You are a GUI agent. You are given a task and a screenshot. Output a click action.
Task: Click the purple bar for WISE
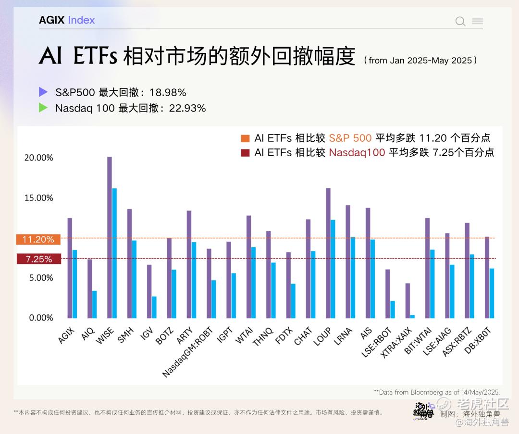110,237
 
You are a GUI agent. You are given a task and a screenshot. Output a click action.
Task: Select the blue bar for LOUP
333,269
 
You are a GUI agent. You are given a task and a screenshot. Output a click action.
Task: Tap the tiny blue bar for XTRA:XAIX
412,316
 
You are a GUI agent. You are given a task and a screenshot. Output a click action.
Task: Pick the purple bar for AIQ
89,288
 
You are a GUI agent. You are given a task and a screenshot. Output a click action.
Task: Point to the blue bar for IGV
154,307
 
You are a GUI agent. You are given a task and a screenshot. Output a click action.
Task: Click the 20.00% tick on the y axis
39,158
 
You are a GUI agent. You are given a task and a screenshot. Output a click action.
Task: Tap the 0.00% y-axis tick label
40,318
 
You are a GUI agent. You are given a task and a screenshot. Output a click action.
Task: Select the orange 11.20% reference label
38,239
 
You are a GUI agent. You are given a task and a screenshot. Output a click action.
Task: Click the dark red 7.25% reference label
38,259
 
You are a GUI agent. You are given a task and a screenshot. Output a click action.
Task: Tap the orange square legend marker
246,138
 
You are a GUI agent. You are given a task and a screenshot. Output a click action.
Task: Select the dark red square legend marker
246,153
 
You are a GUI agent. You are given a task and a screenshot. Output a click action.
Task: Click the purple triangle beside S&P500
43,92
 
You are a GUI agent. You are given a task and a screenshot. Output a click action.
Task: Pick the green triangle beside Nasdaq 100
43,108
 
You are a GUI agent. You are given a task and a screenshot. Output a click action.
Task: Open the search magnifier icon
460,21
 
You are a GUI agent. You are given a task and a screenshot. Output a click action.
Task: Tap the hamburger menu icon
477,21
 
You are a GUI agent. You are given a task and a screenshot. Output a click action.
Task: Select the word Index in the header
81,20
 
